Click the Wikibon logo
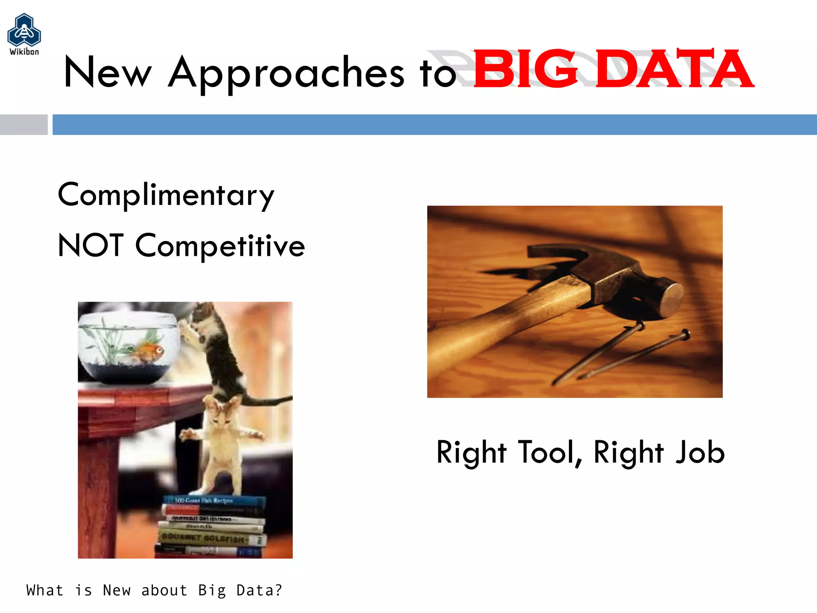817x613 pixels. click(24, 34)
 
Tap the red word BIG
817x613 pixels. click(525, 69)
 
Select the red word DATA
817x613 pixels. click(674, 69)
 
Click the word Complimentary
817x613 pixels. click(166, 195)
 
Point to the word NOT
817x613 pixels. click(91, 245)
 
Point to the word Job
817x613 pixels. click(700, 452)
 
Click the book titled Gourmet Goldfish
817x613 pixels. click(207, 538)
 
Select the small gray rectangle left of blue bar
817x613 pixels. click(24, 125)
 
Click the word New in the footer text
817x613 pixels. click(116, 590)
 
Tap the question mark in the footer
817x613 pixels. click(278, 590)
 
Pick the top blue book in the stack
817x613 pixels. click(213, 500)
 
